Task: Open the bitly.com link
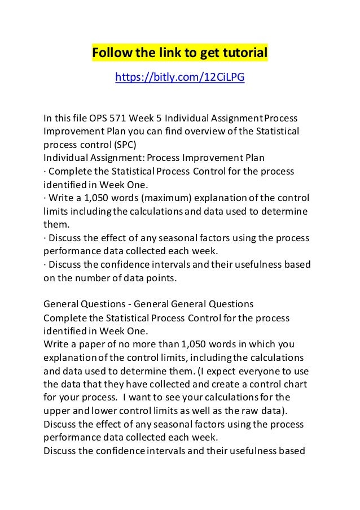[179, 77]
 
